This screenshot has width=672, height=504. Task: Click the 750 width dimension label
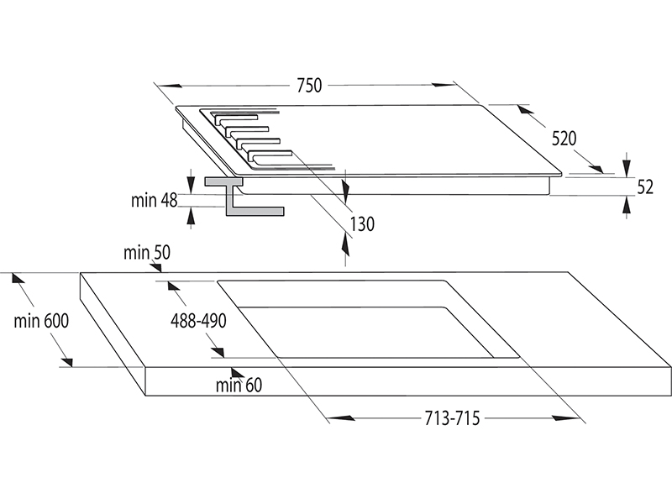point(309,86)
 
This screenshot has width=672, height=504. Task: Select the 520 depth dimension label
point(564,139)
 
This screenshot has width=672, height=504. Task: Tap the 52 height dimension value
point(645,187)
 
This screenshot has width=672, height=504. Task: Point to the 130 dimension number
point(362,224)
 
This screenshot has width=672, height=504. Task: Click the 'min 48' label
point(155,200)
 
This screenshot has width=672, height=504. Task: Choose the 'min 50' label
point(146,253)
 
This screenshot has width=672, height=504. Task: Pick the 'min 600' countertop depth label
point(41,321)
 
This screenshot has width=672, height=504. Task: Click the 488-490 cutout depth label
point(198,321)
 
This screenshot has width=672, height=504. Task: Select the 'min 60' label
point(239,386)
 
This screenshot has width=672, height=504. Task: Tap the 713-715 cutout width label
point(452,418)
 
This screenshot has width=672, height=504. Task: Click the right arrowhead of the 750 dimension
point(444,85)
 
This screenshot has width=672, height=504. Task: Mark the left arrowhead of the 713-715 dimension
point(341,417)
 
